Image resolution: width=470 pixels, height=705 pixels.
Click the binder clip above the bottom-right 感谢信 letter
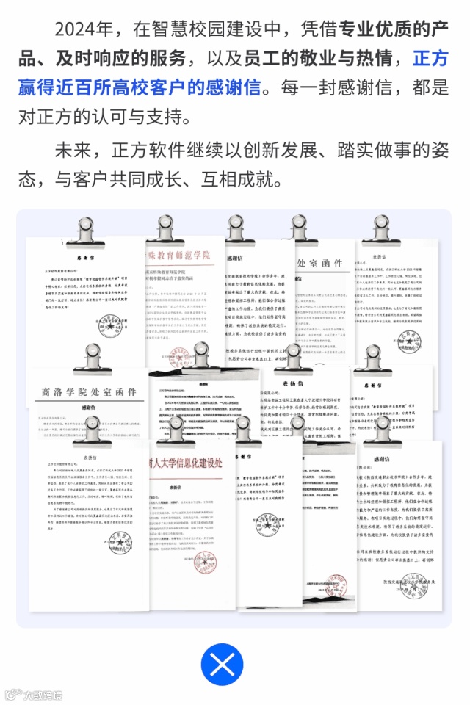pos(382,430)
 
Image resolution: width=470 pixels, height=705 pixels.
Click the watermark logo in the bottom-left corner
pos(33,694)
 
